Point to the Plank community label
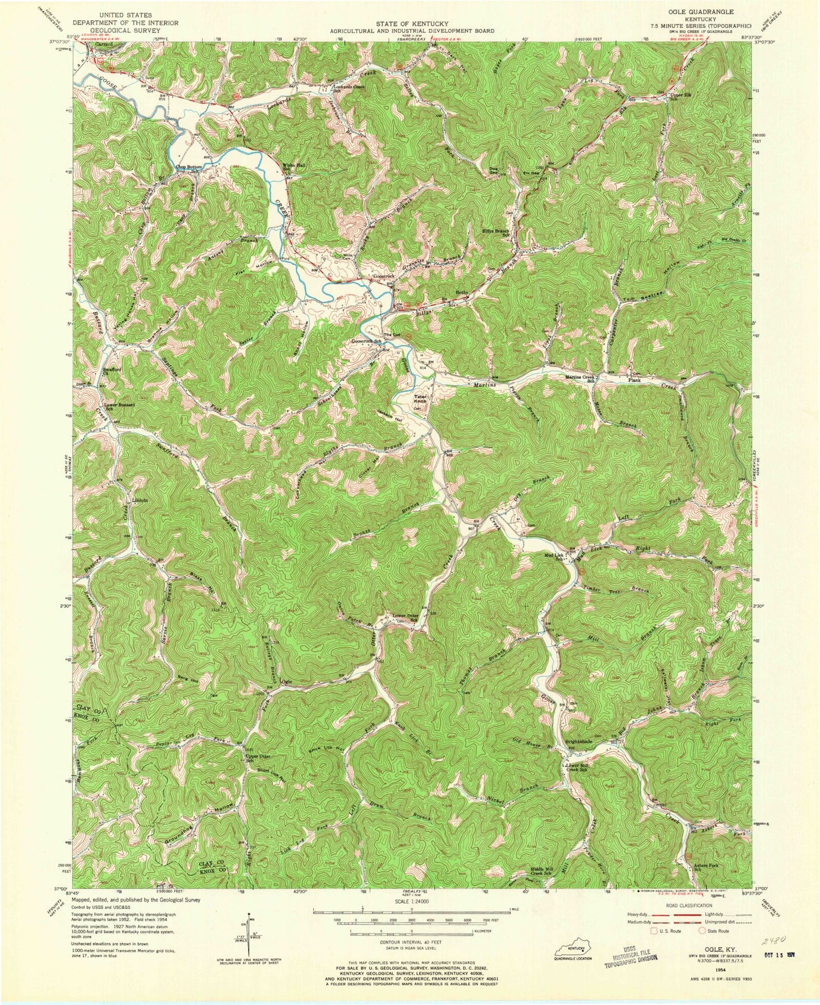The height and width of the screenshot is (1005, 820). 635,381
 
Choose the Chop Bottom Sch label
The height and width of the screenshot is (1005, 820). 189,168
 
